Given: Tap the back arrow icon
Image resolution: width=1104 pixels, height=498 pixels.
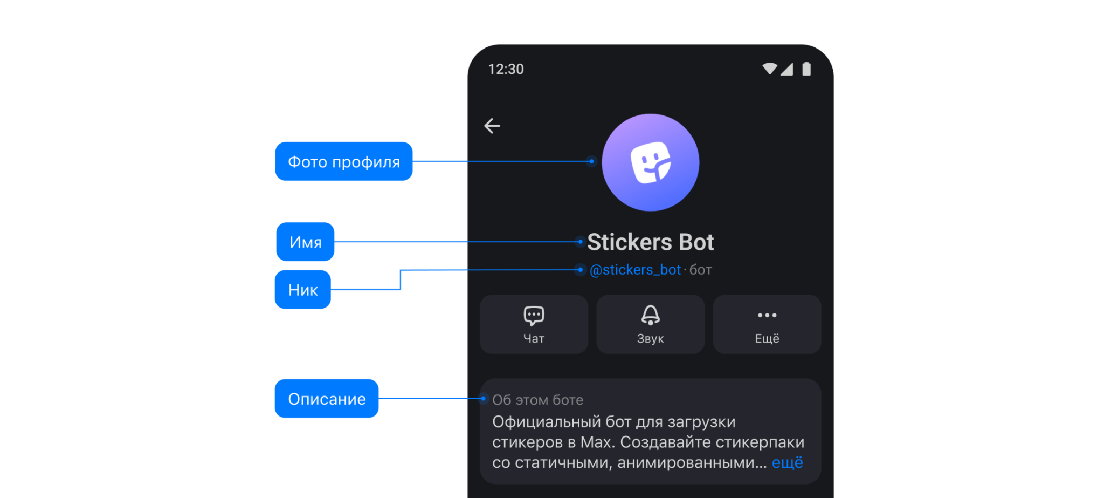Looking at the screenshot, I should (x=492, y=126).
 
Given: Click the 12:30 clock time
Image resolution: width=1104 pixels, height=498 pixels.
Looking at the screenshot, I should (x=506, y=69).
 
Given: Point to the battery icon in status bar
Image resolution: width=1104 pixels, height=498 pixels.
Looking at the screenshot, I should (x=806, y=69).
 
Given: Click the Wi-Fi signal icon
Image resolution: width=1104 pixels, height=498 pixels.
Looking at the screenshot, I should (x=769, y=69).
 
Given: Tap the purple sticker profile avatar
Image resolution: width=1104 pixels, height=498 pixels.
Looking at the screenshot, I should (x=650, y=162).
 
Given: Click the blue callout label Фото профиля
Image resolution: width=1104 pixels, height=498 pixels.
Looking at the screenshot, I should (x=344, y=161).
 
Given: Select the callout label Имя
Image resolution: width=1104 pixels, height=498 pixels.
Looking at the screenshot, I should (x=305, y=242).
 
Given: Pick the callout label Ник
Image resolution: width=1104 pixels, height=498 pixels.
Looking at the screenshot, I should (x=302, y=290).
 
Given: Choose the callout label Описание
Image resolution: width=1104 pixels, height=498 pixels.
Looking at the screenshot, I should (x=327, y=399).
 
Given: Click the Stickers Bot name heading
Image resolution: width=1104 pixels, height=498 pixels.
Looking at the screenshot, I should (x=650, y=242).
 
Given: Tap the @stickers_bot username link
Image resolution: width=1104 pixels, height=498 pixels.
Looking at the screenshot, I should (x=635, y=270).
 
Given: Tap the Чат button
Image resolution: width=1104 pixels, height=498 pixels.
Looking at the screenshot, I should (x=534, y=324).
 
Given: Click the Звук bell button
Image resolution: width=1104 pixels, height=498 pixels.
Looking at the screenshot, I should (x=650, y=324).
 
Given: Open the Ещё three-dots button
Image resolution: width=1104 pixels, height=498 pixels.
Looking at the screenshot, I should (x=767, y=324).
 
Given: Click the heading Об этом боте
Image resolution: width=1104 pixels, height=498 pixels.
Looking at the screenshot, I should (x=537, y=400).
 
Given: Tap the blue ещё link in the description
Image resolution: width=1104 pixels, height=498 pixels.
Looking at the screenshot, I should (x=787, y=462).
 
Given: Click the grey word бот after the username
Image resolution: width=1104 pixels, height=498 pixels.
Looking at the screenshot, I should (x=701, y=270).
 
